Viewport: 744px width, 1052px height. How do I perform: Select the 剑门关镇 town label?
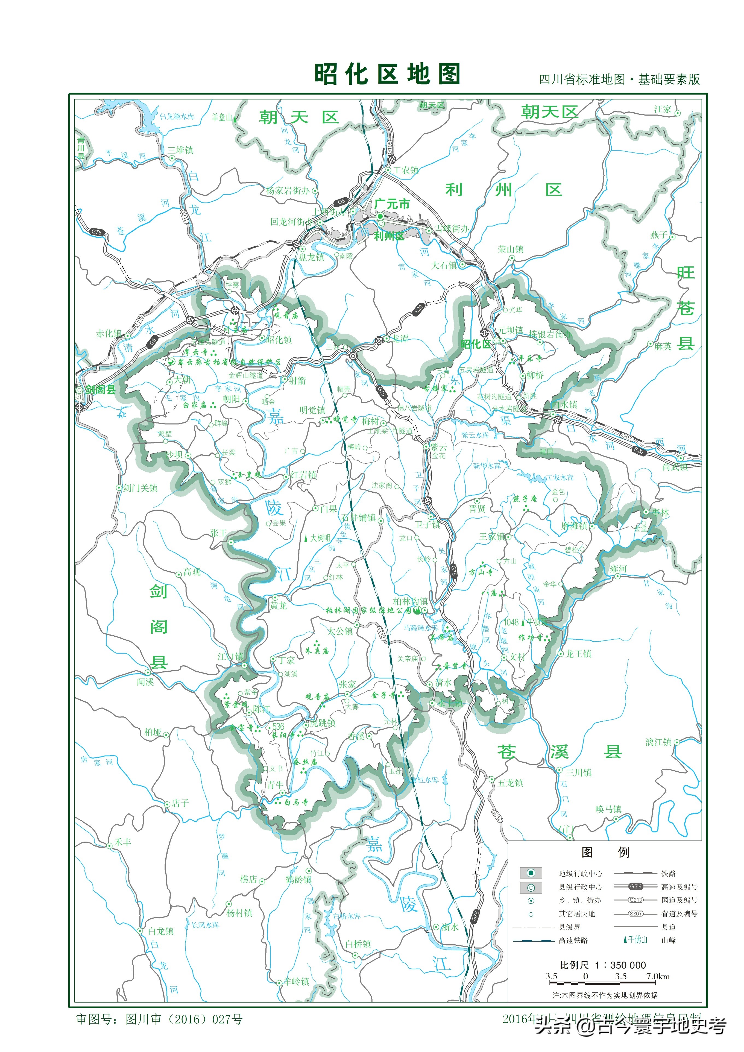tap(140, 488)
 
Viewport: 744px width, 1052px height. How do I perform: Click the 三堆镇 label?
tap(181, 150)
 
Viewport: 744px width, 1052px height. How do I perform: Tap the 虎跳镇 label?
tap(323, 723)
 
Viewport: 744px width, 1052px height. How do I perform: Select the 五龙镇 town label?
tap(510, 783)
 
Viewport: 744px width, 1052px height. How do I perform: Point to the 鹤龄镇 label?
tap(298, 879)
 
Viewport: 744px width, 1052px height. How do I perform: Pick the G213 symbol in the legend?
tap(635, 900)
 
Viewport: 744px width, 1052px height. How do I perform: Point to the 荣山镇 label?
tap(511, 249)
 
